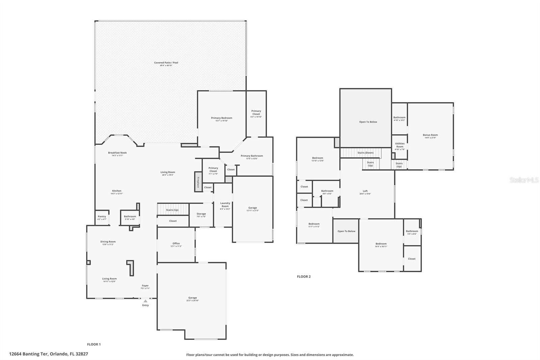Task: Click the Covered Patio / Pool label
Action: pyautogui.click(x=166, y=63)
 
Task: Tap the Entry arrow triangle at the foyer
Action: pyautogui.click(x=145, y=301)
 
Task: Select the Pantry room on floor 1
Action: pyautogui.click(x=102, y=217)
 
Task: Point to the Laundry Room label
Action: pyautogui.click(x=225, y=205)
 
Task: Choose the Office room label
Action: pyautogui.click(x=176, y=243)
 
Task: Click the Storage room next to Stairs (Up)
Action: pyautogui.click(x=201, y=215)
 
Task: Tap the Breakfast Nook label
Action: pyautogui.click(x=117, y=153)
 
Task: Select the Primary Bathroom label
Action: pyautogui.click(x=252, y=156)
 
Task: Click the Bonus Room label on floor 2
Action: pyautogui.click(x=430, y=135)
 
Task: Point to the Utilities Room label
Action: pyautogui.click(x=400, y=145)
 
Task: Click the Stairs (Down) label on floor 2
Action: pyautogui.click(x=366, y=153)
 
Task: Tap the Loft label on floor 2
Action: pyautogui.click(x=365, y=191)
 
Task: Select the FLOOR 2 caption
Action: pyautogui.click(x=304, y=277)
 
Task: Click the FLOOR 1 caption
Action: pyautogui.click(x=94, y=344)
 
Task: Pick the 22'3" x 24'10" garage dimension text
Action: pyautogui.click(x=193, y=301)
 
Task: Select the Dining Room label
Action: pyautogui.click(x=108, y=241)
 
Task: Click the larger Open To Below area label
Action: pyautogui.click(x=368, y=122)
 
